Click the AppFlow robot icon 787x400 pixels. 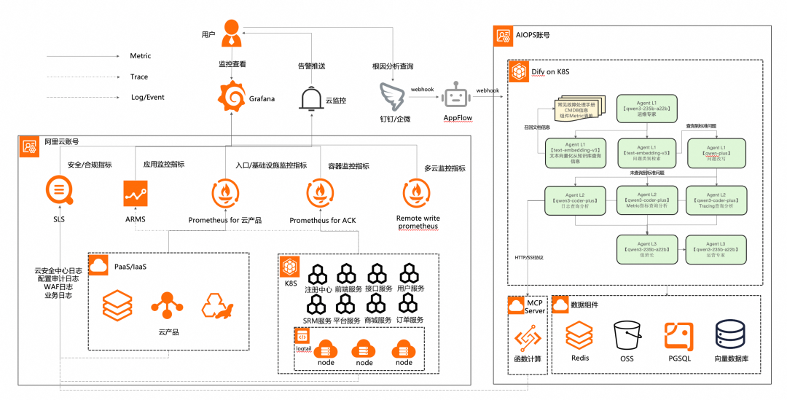tap(458, 95)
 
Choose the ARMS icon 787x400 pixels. tap(136, 194)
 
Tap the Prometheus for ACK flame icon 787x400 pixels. tap(322, 194)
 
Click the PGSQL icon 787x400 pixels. tap(678, 336)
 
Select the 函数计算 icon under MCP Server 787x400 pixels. tap(528, 337)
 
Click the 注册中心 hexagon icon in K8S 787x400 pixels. tap(318, 275)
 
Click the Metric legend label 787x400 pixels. tap(141, 56)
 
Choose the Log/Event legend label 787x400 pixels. tap(148, 96)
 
